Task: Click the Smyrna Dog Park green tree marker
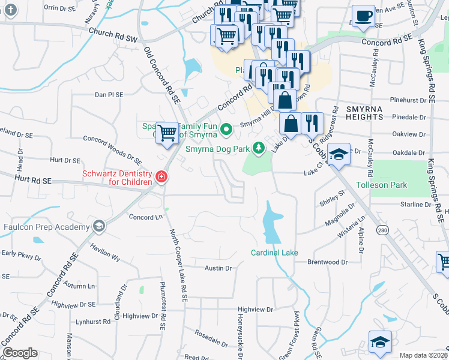pyautogui.click(x=259, y=147)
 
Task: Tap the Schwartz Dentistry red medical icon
pyautogui.click(x=161, y=176)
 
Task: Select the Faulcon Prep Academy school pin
pyautogui.click(x=98, y=226)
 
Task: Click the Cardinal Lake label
pyautogui.click(x=274, y=253)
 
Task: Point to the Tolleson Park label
pyautogui.click(x=381, y=185)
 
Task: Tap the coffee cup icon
pyautogui.click(x=363, y=17)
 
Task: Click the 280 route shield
pyautogui.click(x=382, y=230)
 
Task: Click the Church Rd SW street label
pyautogui.click(x=112, y=35)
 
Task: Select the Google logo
pyautogui.click(x=20, y=353)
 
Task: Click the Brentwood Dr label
pyautogui.click(x=327, y=262)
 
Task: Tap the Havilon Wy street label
pyautogui.click(x=106, y=254)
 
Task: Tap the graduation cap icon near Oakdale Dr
pyautogui.click(x=339, y=155)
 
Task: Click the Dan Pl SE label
pyautogui.click(x=109, y=95)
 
